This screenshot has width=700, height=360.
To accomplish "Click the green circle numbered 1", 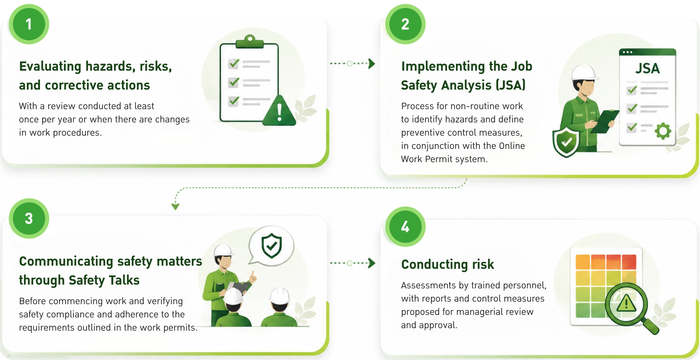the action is point(29,24).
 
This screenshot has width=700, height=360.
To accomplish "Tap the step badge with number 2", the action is point(405,24).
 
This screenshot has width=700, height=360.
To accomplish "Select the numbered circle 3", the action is point(29,218).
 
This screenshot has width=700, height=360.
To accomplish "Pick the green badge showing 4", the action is point(405,227).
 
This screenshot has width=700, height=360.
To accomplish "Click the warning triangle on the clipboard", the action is point(279,110).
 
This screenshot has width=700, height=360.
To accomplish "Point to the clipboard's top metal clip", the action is point(250,41).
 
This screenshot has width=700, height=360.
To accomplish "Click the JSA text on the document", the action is point(647,68).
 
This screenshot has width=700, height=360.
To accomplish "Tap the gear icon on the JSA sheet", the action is point(663,131).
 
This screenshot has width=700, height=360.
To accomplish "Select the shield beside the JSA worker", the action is point(566,142).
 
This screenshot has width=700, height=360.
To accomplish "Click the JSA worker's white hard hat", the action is point(584,73).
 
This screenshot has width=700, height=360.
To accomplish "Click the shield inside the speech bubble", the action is point(271,245).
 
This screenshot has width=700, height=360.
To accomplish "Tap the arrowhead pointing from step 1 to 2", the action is point(372,63).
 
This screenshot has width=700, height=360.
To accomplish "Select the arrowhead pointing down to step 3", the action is point(175,207).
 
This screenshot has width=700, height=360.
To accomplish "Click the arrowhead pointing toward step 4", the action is point(372,263).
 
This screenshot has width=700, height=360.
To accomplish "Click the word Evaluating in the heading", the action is point(50,67).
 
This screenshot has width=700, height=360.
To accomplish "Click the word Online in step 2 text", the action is point(512,146).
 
